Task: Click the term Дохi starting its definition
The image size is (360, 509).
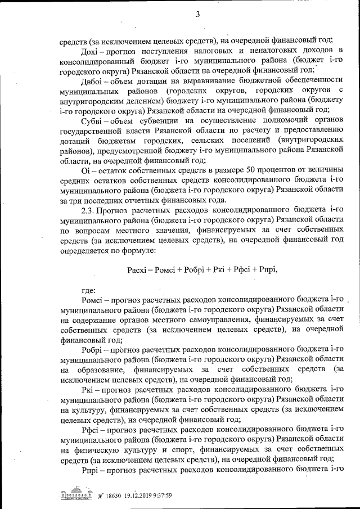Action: (90, 51)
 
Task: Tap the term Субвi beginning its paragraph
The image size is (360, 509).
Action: (92, 120)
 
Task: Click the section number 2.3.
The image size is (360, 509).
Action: (90, 210)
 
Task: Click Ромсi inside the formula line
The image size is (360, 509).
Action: (167, 269)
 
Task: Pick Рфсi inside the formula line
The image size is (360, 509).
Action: (242, 269)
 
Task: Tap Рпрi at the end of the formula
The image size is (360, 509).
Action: (267, 269)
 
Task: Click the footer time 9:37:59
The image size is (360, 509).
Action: (166, 496)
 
